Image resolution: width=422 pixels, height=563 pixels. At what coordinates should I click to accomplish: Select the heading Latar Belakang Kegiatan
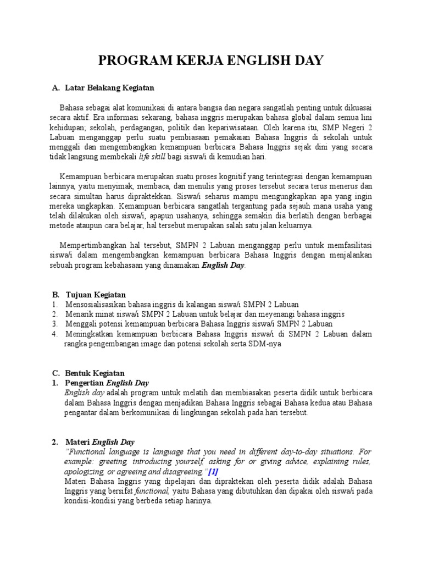[109, 87]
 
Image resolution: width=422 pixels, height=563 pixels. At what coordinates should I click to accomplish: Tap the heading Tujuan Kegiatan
[96, 295]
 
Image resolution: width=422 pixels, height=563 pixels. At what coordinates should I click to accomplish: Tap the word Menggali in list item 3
[81, 324]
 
